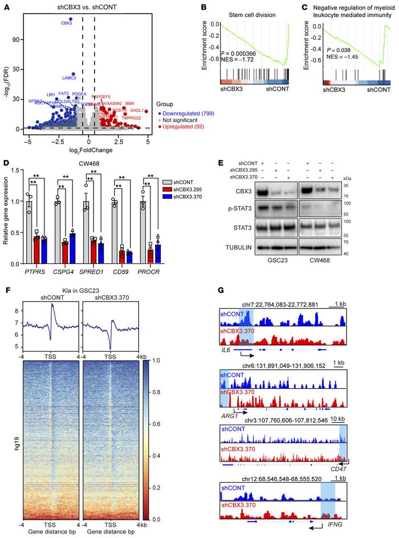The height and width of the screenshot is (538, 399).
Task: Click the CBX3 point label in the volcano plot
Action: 67,23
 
